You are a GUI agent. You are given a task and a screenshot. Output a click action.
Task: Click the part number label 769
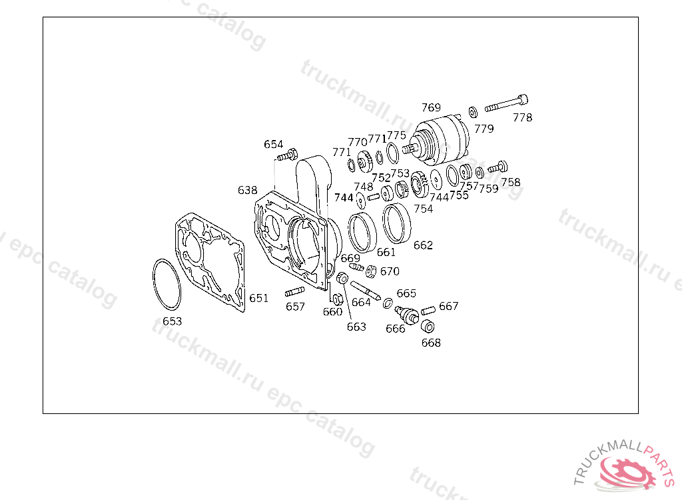click(x=431, y=107)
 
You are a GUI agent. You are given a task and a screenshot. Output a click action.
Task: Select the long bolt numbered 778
click(x=506, y=103)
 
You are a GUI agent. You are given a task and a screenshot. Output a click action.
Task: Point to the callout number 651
click(x=259, y=298)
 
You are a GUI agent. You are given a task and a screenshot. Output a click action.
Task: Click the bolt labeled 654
click(x=288, y=155)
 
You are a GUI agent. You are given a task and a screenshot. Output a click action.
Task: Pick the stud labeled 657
click(x=294, y=291)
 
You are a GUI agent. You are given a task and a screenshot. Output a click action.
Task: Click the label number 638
click(x=248, y=190)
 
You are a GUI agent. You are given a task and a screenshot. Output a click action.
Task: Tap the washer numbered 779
click(x=474, y=112)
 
